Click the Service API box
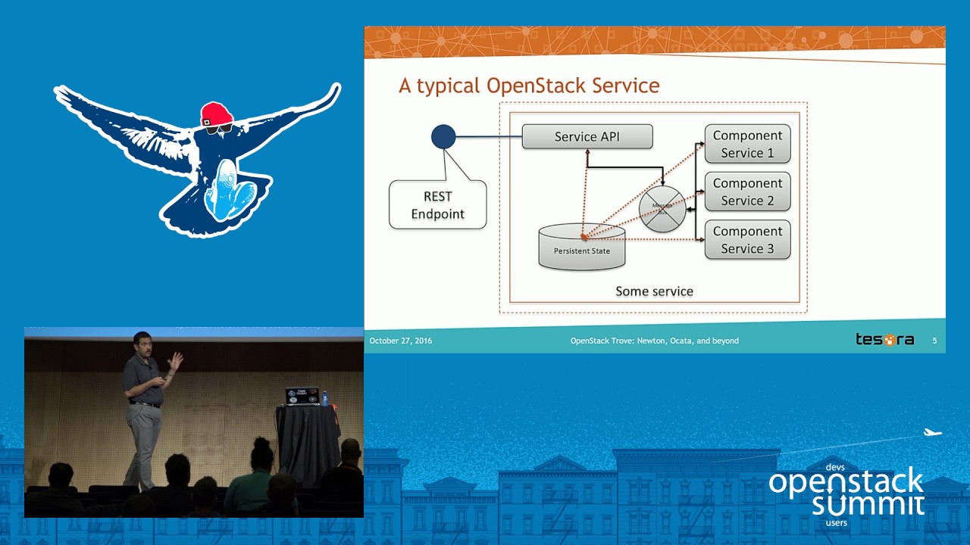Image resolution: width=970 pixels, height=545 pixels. pos(587,136)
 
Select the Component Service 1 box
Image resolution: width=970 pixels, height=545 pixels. pos(747,144)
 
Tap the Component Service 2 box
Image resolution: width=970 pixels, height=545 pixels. pos(747,192)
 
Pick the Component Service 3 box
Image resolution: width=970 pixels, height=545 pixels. pos(747,239)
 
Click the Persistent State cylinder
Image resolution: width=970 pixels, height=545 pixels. pos(581,248)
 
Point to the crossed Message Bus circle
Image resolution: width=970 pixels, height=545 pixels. pos(662,208)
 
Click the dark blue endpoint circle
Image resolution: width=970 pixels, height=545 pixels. pos(443,136)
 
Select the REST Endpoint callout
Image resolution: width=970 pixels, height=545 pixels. pos(437,204)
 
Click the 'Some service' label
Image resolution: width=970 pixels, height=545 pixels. pos(654,291)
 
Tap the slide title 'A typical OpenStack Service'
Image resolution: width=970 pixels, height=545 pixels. pos(529,86)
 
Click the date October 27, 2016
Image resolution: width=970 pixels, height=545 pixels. pos(400,341)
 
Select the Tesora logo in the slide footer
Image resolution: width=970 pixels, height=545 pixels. pos(884,340)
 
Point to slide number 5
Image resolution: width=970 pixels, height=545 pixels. pos(934,341)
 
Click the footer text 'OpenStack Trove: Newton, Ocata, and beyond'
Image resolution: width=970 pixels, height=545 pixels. pos(654,341)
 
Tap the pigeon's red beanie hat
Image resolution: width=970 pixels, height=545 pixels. pos(216,114)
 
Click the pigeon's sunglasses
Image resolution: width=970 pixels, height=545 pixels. pos(218,128)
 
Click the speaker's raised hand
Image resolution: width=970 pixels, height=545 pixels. pos(175,361)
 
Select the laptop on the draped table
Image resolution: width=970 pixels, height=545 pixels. pos(301,396)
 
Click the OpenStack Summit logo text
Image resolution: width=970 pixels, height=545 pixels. pos(846,492)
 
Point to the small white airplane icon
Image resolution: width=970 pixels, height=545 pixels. pos(932,433)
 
